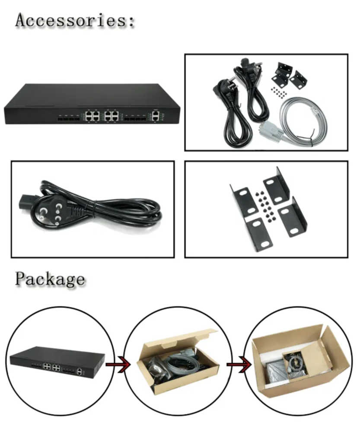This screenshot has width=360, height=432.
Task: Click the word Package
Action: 50,279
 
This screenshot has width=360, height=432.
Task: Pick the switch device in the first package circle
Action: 57,362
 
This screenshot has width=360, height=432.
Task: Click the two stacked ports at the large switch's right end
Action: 155,115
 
